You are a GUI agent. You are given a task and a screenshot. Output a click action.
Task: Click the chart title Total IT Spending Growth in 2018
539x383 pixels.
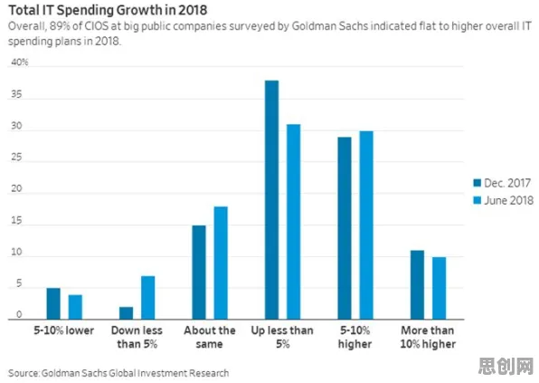pyautogui.click(x=108, y=10)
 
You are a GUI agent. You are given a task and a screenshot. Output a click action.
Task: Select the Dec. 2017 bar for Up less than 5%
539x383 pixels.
pyautogui.click(x=271, y=200)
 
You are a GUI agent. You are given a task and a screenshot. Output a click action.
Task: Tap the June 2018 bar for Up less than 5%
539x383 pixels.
pyautogui.click(x=294, y=222)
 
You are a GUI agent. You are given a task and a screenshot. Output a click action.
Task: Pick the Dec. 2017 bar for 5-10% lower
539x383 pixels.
pyautogui.click(x=53, y=303)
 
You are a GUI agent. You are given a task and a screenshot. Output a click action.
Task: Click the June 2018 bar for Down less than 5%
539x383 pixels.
pyautogui.click(x=148, y=298)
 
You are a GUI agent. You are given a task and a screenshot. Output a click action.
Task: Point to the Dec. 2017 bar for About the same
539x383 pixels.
pyautogui.click(x=199, y=273)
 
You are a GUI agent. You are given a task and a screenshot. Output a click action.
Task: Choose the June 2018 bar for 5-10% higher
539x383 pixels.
pyautogui.click(x=366, y=225)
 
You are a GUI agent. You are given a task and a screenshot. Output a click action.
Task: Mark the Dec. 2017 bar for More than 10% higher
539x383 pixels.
pyautogui.click(x=417, y=285)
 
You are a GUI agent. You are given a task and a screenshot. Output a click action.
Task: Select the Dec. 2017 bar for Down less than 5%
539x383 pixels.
pyautogui.click(x=126, y=313)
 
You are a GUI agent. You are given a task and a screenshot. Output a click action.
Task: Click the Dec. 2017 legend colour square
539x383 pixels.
pyautogui.click(x=478, y=183)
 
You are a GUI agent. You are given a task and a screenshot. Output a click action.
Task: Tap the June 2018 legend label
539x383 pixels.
pyautogui.click(x=509, y=200)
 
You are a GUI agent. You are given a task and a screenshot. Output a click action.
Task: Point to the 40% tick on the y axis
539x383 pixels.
pyautogui.click(x=20, y=62)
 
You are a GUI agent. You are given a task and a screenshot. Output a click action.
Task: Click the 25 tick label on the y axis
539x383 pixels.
pyautogui.click(x=16, y=158)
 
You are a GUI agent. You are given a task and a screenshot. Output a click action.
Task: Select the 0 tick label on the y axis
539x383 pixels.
pyautogui.click(x=19, y=314)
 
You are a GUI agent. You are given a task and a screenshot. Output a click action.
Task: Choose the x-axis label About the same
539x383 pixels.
pyautogui.click(x=210, y=337)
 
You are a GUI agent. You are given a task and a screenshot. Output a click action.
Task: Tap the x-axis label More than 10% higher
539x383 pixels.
pyautogui.click(x=428, y=337)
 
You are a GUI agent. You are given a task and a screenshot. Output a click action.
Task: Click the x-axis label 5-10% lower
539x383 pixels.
pyautogui.click(x=64, y=330)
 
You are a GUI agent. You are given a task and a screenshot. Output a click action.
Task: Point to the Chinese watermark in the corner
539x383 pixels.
pyautogui.click(x=506, y=366)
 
